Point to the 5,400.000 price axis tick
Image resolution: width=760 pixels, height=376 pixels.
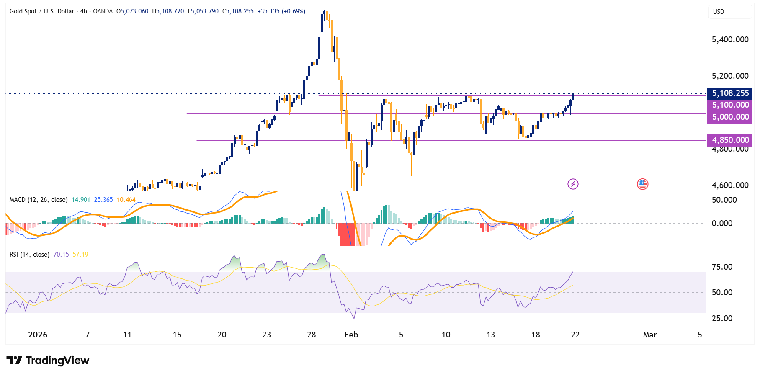pos(730,40)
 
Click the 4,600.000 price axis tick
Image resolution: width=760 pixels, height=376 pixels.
pos(730,185)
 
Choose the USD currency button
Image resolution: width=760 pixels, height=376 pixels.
pos(719,12)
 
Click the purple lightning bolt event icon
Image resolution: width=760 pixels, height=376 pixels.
pos(573,184)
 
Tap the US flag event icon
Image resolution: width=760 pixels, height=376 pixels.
pos(642,184)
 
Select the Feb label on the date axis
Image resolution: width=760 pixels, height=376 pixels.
pos(351,335)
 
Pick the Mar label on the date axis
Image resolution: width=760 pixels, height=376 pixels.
pos(649,335)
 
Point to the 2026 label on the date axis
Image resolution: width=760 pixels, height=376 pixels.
pos(38,335)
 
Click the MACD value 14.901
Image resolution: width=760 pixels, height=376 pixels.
pos(81,200)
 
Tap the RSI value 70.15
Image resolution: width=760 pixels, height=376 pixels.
pos(61,255)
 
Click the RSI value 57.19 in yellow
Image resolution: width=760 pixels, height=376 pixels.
pos(80,255)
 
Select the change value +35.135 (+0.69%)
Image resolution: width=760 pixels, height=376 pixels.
pos(281,11)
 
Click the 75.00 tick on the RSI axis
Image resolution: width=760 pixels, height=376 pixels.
pos(722,267)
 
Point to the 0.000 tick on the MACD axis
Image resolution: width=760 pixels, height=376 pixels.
pos(722,223)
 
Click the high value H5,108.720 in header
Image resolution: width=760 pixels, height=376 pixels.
pos(168,11)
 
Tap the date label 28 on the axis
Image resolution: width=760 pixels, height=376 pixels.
pos(311,335)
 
